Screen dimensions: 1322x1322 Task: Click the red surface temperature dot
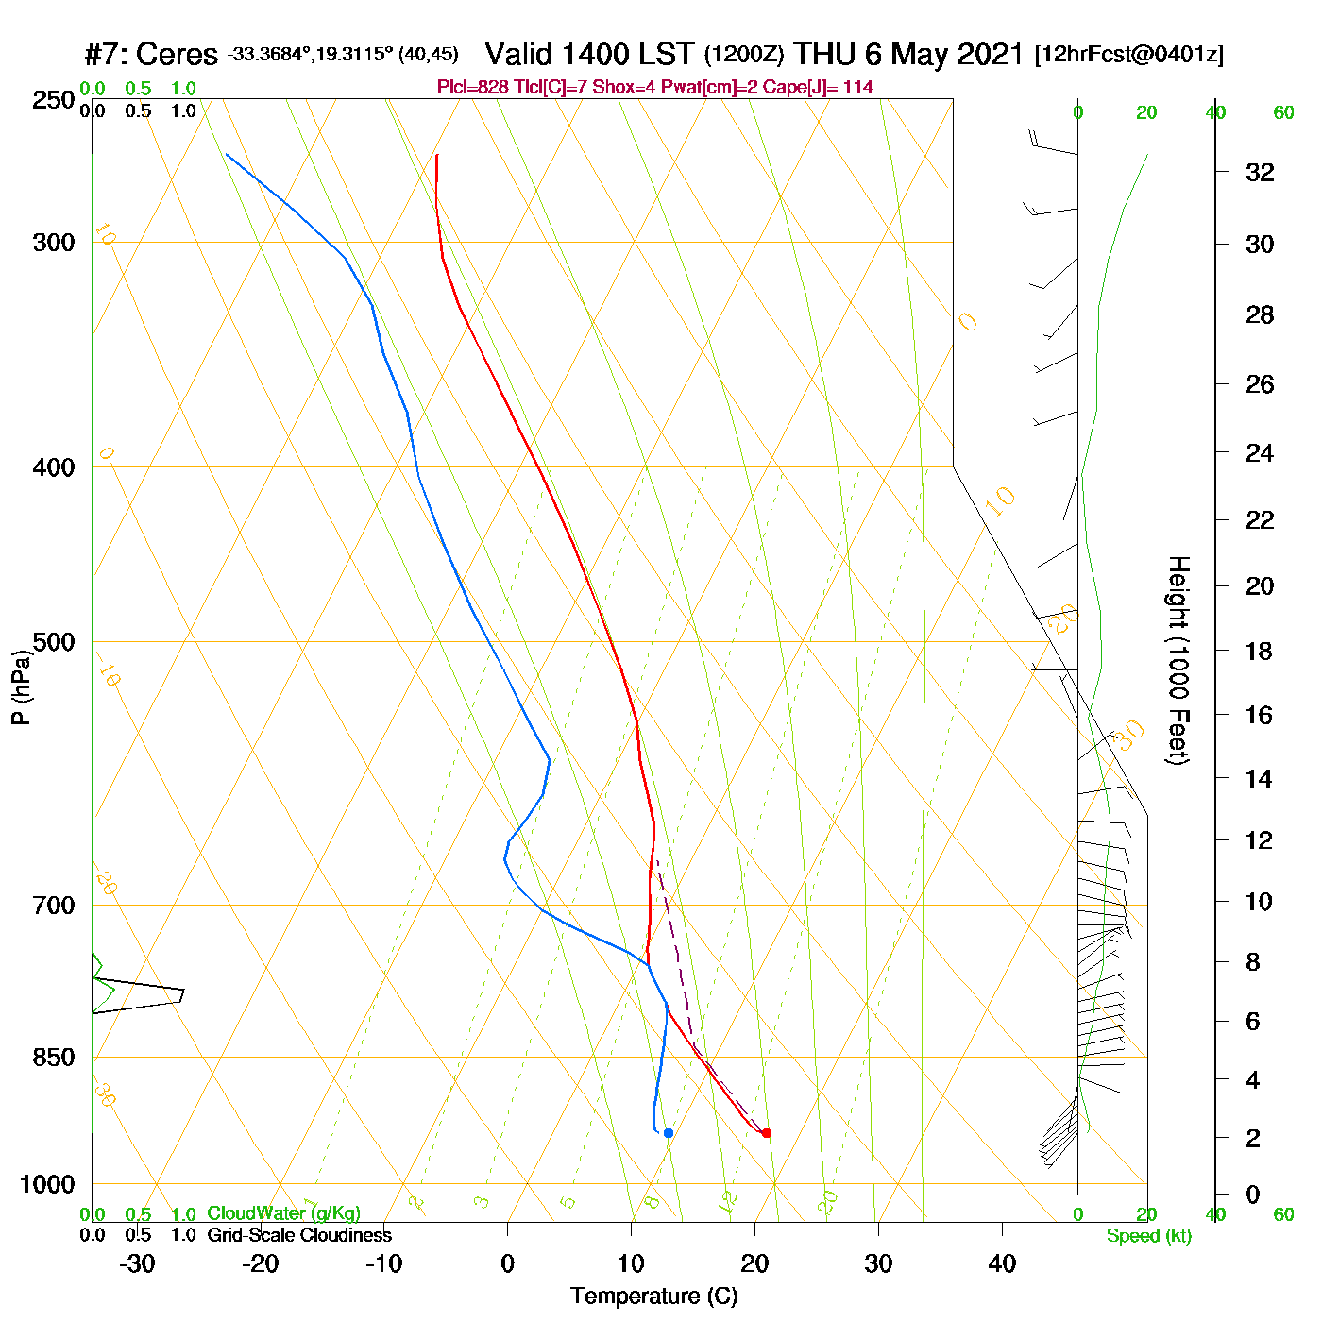pos(766,1132)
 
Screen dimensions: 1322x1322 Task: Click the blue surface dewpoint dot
pos(668,1132)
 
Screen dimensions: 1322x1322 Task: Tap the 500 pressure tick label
pos(54,642)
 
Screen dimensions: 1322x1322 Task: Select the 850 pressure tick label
pos(54,1058)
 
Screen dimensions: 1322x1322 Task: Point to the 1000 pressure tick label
pos(47,1184)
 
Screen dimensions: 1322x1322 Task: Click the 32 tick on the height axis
pos(1260,172)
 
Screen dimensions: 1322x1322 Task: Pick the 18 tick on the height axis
pos(1260,651)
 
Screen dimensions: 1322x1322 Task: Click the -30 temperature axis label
pos(137,1263)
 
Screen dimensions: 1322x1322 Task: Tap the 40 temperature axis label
pos(1002,1263)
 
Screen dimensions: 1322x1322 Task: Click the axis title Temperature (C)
pos(653,1297)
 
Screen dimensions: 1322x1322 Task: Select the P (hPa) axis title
pos(21,687)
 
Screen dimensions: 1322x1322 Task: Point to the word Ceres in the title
pos(177,55)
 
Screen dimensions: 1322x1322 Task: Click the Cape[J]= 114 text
pos(832,88)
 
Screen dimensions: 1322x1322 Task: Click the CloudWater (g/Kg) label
pos(283,1213)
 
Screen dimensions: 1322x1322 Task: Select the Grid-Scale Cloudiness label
pos(299,1235)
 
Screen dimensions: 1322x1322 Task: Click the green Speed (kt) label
pos(1148,1236)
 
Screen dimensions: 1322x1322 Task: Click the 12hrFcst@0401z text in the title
pos(1128,55)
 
